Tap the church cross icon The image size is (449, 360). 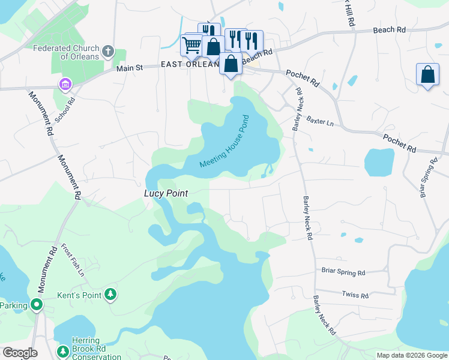108,51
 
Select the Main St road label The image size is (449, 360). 130,68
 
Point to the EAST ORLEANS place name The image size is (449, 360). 189,64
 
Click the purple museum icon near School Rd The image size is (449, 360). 64,85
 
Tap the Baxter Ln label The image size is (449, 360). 320,121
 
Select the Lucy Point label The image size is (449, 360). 166,193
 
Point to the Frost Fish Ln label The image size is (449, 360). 73,260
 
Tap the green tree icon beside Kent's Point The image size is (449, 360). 110,294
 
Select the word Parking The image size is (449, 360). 13,305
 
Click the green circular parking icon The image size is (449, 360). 37,306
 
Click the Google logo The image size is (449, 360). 20,353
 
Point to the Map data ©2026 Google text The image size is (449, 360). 411,355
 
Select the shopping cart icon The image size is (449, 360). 191,44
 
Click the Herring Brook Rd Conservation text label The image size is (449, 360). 96,349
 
